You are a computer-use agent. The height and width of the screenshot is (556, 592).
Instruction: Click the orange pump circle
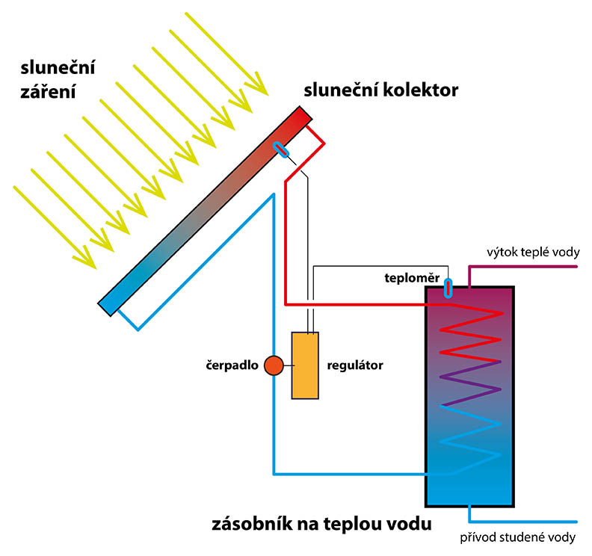pyautogui.click(x=274, y=365)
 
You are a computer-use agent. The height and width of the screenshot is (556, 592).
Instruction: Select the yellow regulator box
pyautogui.click(x=305, y=365)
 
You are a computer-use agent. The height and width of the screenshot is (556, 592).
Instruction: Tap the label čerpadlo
pyautogui.click(x=232, y=365)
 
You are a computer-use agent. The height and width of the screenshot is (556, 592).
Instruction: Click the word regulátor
pyautogui.click(x=355, y=365)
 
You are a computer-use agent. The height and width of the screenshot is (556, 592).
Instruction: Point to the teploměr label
pyautogui.click(x=412, y=278)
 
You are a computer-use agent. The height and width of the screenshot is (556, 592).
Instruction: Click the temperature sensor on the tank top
pyautogui.click(x=448, y=288)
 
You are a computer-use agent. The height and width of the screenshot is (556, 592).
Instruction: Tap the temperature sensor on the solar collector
pyautogui.click(x=281, y=149)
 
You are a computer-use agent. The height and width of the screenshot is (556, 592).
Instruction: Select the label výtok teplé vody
pyautogui.click(x=533, y=252)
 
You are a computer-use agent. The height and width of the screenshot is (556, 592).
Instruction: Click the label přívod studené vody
pyautogui.click(x=517, y=537)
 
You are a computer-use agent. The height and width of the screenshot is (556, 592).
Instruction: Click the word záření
pyautogui.click(x=48, y=92)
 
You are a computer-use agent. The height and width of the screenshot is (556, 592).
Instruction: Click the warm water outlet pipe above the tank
pyautogui.click(x=523, y=267)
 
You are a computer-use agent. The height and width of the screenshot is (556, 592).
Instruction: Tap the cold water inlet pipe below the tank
pyautogui.click(x=523, y=522)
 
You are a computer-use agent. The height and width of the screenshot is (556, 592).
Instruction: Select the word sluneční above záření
pyautogui.click(x=58, y=68)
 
